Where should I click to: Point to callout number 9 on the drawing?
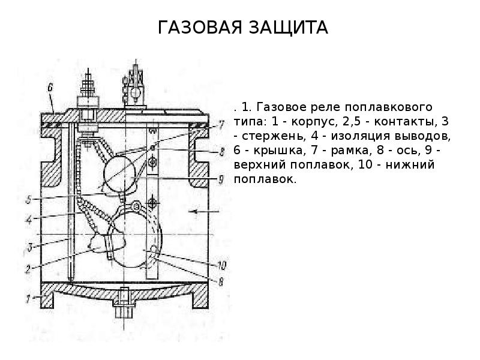[x=221, y=178]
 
